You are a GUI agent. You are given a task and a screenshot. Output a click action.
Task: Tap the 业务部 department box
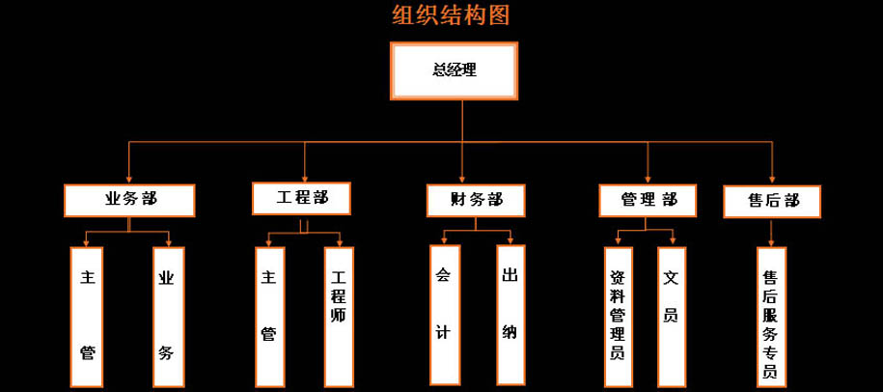130,200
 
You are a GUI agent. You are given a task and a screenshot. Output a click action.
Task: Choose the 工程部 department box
302,197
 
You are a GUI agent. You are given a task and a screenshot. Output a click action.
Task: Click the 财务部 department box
476,201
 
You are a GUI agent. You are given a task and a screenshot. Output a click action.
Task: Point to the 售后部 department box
772,201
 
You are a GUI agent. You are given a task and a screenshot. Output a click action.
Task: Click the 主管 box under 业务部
88,317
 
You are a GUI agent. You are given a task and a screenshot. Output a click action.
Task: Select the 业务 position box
167,317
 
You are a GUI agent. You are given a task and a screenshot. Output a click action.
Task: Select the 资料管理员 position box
618,315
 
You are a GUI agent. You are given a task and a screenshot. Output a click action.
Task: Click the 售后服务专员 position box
771,316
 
